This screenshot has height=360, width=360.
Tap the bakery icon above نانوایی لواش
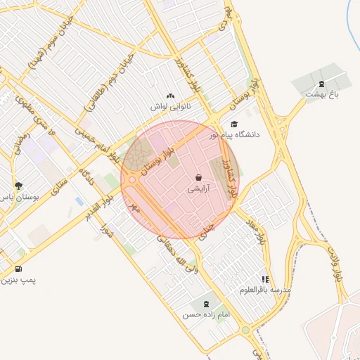click(169, 96)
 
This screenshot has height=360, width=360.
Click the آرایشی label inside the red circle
click(198, 189)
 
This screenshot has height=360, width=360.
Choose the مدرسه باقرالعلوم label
click(265, 290)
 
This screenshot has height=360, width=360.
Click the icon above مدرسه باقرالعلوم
click(265, 279)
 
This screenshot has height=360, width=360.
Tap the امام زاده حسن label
click(206, 315)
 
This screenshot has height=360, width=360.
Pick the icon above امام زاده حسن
click(206, 304)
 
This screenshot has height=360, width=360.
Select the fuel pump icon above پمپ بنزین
click(18, 269)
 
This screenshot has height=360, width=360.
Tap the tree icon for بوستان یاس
click(18, 186)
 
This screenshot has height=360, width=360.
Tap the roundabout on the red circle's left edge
click(130, 181)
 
